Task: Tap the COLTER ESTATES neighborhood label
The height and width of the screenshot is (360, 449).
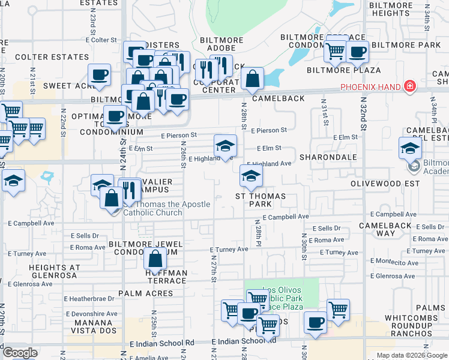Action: point(52,57)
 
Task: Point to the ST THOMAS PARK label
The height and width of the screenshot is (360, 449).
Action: point(260,200)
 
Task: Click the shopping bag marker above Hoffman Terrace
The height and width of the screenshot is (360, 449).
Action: point(155,259)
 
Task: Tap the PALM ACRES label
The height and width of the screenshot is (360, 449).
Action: point(145,293)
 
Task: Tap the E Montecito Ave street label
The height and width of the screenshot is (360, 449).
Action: point(395,262)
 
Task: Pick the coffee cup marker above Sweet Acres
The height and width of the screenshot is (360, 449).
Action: point(100,75)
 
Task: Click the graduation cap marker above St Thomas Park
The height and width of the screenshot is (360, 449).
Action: point(251,175)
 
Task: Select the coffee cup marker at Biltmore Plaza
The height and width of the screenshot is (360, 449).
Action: point(357,52)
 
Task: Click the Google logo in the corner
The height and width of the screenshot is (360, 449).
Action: point(20,353)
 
